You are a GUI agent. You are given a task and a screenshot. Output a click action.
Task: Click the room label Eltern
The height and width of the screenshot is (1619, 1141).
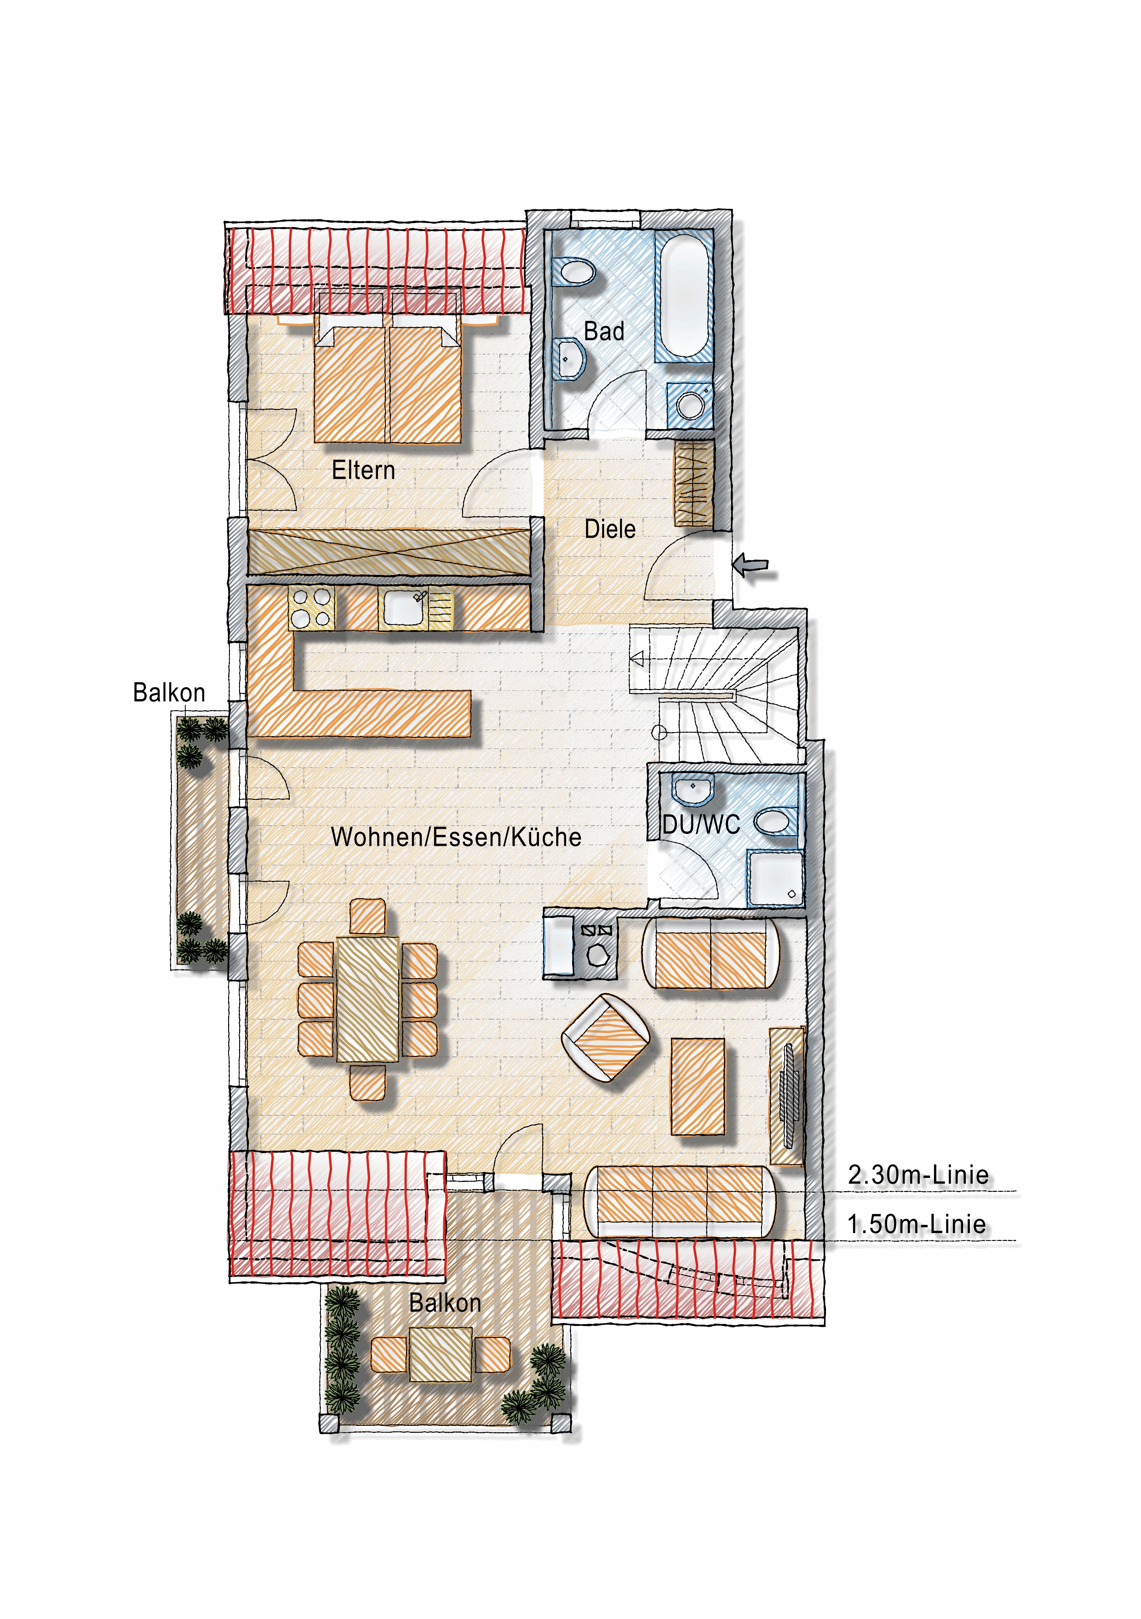[363, 471]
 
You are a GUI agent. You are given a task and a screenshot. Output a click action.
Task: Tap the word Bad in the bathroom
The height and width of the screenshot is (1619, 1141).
[604, 332]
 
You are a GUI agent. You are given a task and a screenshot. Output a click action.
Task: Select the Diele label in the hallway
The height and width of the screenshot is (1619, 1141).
[610, 529]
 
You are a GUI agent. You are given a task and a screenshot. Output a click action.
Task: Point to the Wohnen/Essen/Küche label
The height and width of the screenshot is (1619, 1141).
[456, 837]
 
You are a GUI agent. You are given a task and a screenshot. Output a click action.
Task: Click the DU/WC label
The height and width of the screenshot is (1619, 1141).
[701, 824]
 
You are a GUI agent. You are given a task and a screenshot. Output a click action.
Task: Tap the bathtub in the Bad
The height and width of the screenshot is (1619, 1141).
[684, 296]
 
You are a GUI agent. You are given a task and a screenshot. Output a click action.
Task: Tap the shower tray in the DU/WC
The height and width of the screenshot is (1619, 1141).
[775, 878]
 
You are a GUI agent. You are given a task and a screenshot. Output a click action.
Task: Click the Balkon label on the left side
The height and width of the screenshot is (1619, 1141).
[169, 693]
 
